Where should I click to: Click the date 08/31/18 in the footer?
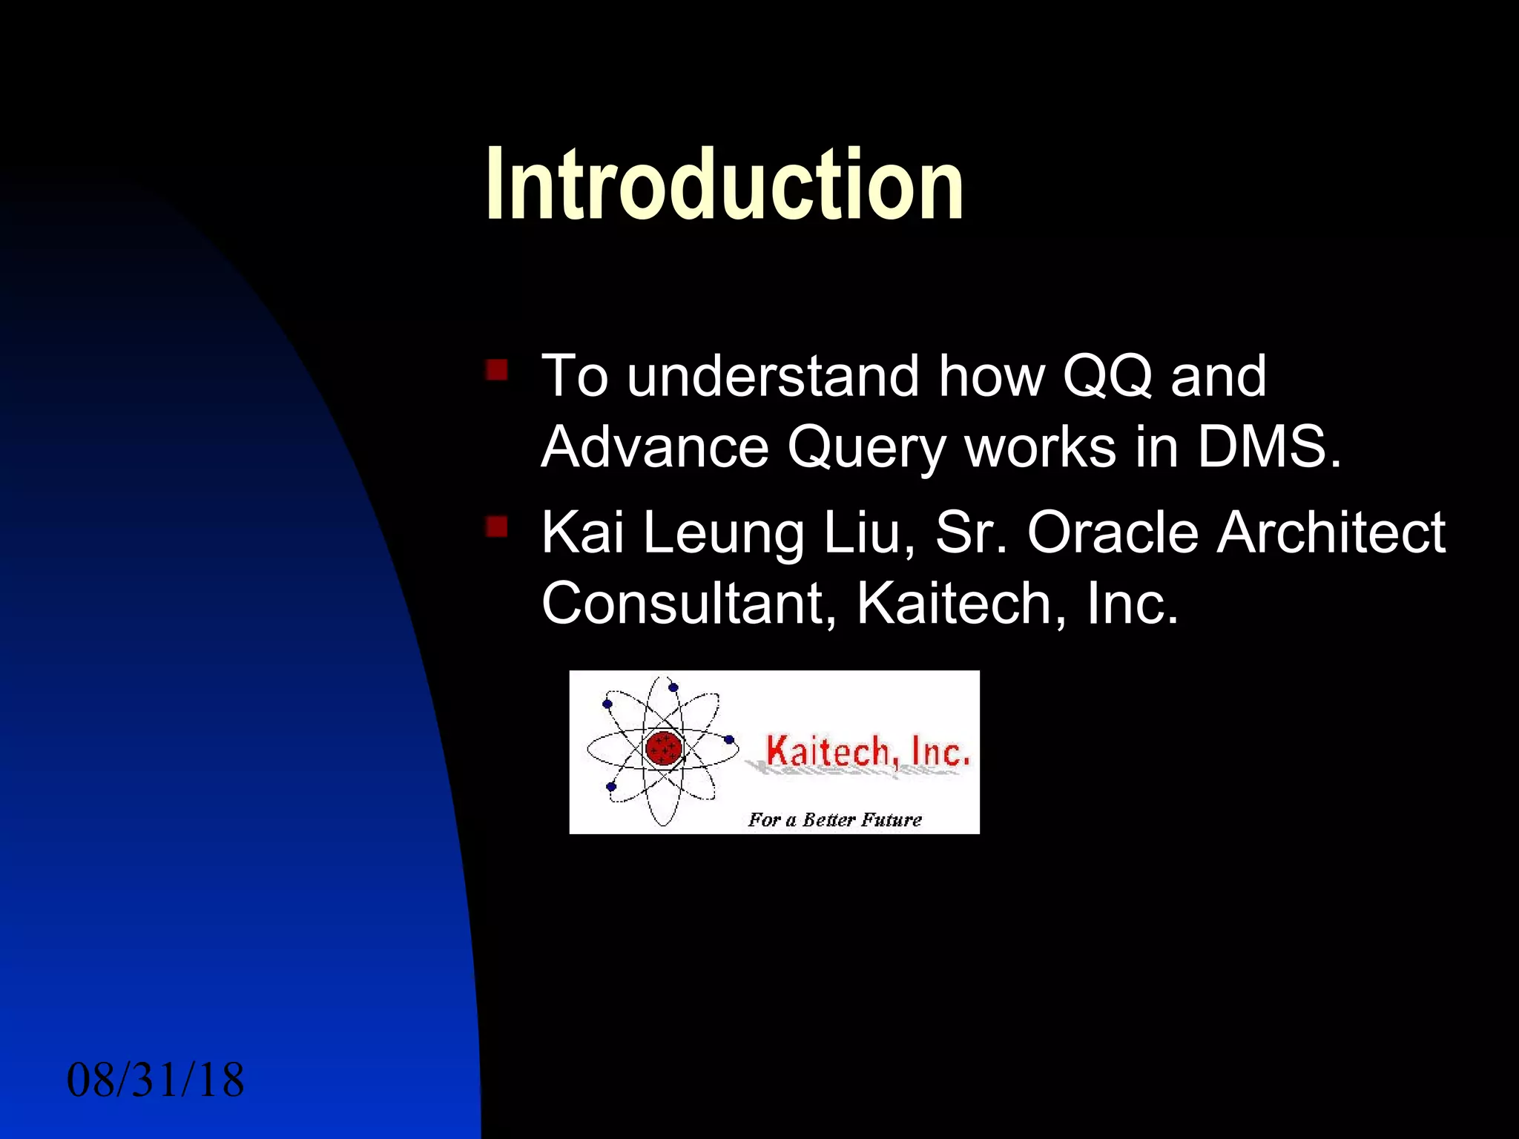click(x=155, y=1080)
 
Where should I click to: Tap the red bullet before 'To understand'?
click(x=496, y=369)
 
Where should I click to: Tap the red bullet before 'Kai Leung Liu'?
click(x=496, y=526)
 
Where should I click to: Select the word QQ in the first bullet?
click(x=1107, y=377)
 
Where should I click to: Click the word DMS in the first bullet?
click(x=1268, y=447)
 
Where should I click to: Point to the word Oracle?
click(x=1113, y=532)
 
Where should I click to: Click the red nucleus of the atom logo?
click(x=663, y=747)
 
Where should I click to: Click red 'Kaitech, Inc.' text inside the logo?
click(x=866, y=751)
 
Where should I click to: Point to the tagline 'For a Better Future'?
click(x=834, y=819)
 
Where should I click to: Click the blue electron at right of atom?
click(x=729, y=739)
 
